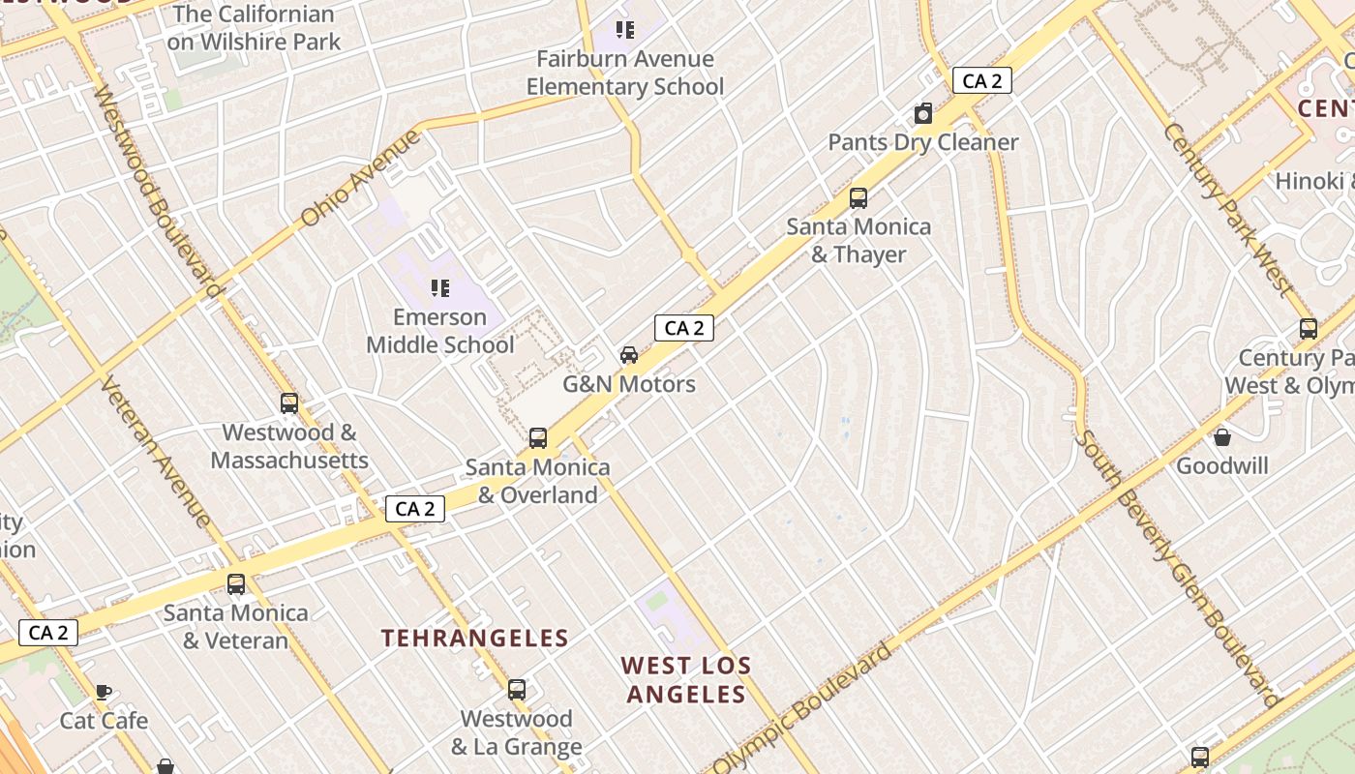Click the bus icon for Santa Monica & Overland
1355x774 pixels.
[x=538, y=438]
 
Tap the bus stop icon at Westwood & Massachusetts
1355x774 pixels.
[x=289, y=403]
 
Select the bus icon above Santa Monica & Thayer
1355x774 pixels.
[x=858, y=198]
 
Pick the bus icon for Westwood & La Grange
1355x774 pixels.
[x=517, y=690]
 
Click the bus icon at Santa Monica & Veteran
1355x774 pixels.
[x=236, y=584]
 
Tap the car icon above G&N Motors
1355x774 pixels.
[x=629, y=355]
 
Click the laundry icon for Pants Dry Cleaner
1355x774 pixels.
[x=923, y=114]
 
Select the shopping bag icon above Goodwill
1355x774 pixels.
[x=1222, y=437]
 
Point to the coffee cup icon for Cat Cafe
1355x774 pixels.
[x=104, y=692]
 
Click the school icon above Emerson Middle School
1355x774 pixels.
[x=440, y=288]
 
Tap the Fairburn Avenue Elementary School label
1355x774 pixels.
[x=625, y=73]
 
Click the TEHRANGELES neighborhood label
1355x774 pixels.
[x=474, y=639]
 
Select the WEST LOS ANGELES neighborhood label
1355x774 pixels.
[x=685, y=680]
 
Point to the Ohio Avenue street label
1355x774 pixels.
[x=360, y=178]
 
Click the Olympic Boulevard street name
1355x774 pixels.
[x=802, y=709]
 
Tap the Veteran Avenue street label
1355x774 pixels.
[x=155, y=451]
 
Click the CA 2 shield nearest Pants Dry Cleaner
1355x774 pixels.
[x=982, y=81]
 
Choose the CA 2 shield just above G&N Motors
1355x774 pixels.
[x=684, y=328]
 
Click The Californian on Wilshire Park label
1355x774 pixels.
[x=254, y=28]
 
